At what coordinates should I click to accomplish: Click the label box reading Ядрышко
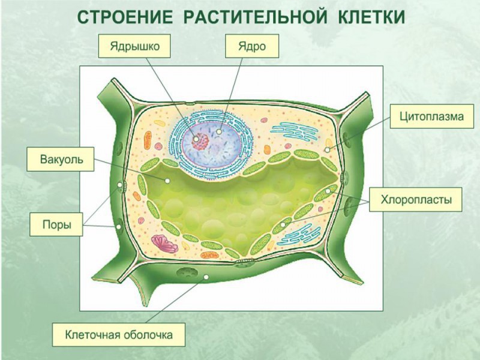(134, 46)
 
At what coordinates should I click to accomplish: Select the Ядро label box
(252, 46)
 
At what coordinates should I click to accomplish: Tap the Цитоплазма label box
(431, 116)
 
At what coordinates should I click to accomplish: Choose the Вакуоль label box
(61, 159)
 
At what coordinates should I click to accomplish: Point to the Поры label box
(56, 224)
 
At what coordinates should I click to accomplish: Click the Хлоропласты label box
(416, 200)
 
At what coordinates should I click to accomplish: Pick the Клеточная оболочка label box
(119, 335)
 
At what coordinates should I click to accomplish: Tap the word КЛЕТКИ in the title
(371, 17)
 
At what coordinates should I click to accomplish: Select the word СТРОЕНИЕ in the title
(125, 17)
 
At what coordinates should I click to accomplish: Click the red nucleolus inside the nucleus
(200, 141)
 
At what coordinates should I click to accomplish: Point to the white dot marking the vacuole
(167, 181)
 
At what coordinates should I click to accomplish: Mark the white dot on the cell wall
(206, 277)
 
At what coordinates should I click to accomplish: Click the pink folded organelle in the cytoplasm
(164, 244)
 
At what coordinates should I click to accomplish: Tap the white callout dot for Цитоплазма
(328, 150)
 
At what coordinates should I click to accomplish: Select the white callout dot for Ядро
(219, 131)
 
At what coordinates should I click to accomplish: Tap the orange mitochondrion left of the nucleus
(148, 140)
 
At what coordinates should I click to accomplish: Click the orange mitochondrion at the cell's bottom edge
(209, 255)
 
